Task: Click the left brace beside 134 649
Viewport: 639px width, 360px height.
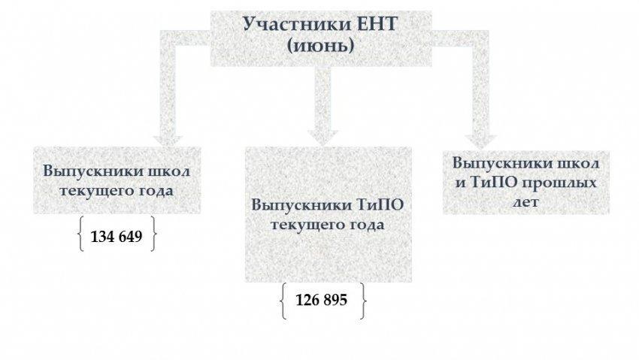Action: [80, 235]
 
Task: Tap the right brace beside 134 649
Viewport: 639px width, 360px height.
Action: [153, 235]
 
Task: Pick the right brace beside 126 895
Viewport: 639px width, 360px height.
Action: [364, 300]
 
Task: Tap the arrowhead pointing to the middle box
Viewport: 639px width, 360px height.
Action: [321, 135]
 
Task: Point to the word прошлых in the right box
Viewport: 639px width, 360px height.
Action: [570, 183]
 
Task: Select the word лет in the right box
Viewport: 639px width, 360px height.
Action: [525, 202]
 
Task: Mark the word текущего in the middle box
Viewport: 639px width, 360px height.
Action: [303, 225]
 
